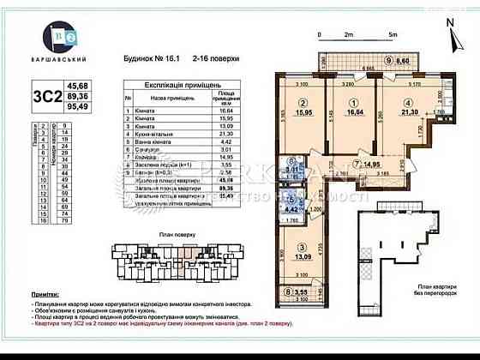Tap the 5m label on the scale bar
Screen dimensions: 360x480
point(391,34)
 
